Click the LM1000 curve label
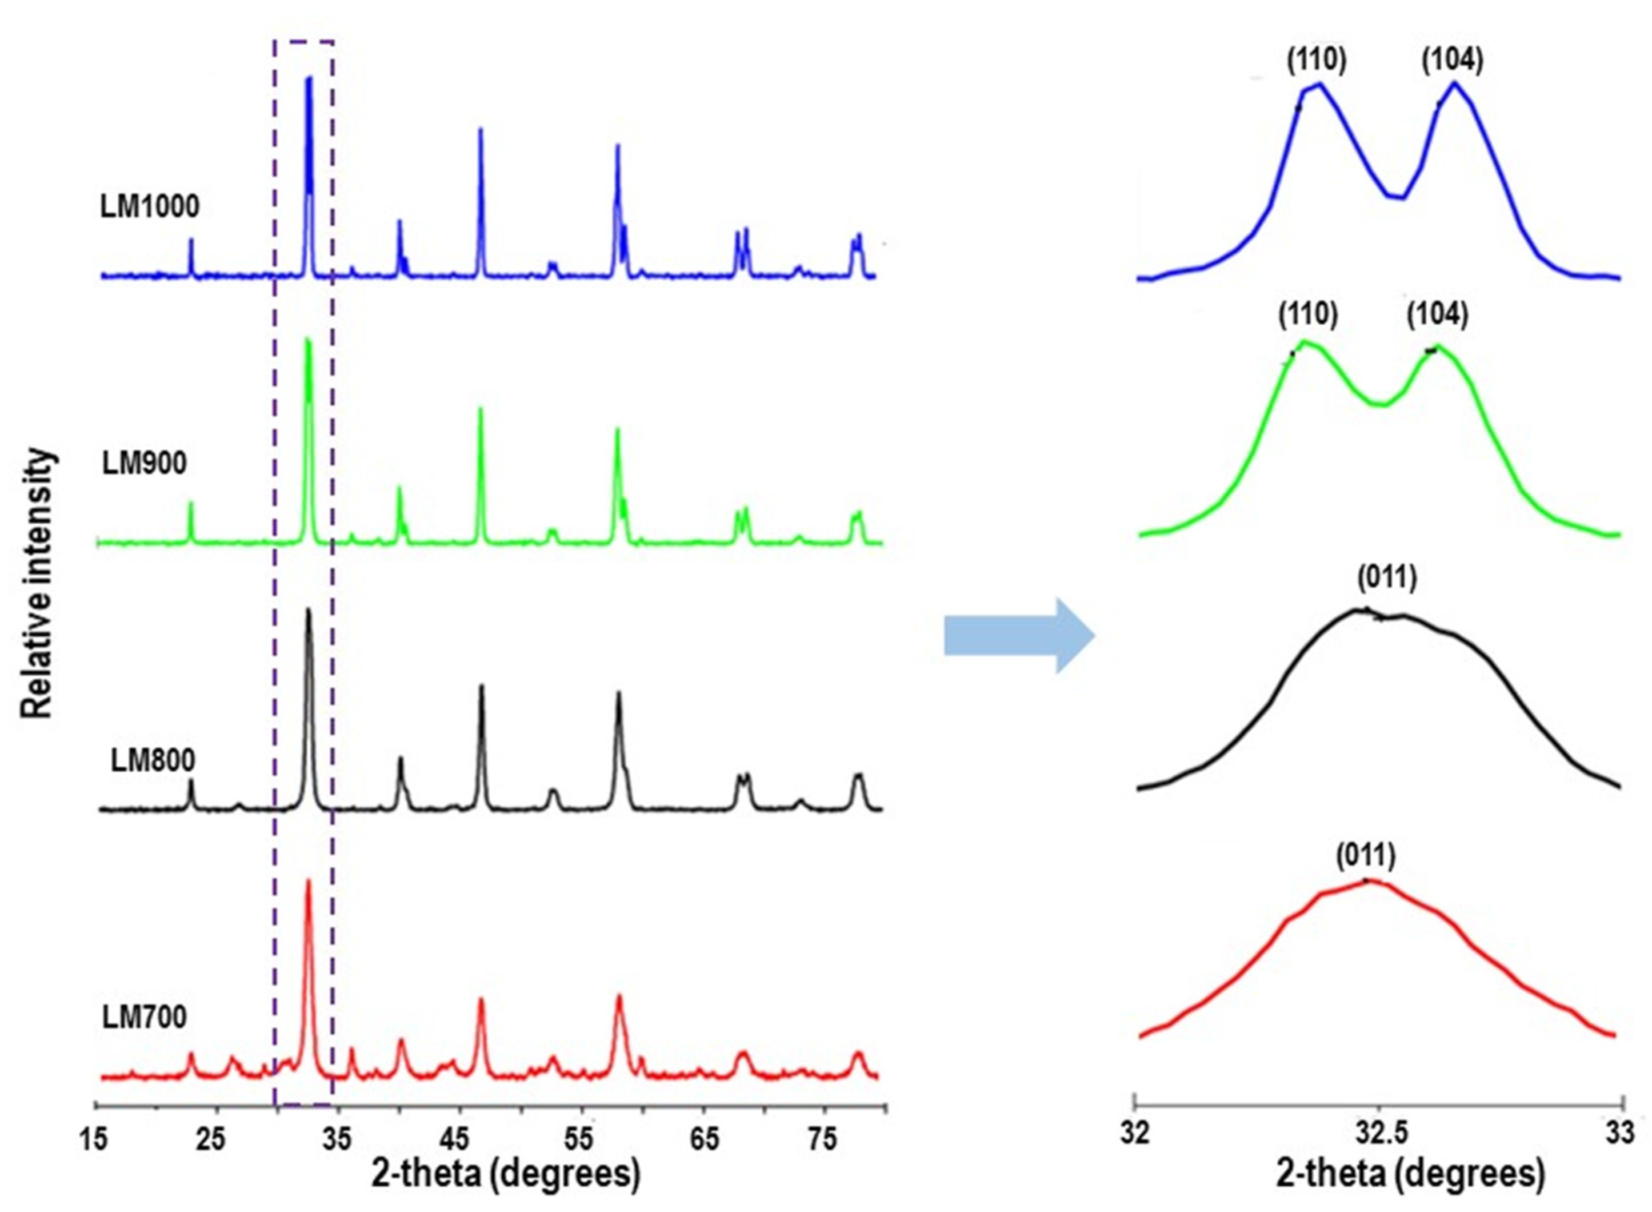pos(150,207)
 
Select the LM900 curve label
pos(144,463)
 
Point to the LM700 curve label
pos(144,1017)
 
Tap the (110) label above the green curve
pos(1307,315)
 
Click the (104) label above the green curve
pos(1437,315)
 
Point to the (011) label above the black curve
pos(1386,578)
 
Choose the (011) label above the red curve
pos(1365,855)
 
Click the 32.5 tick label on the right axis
pos(1380,1134)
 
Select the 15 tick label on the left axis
pos(95,1139)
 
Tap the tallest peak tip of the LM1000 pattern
pos(309,78)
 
